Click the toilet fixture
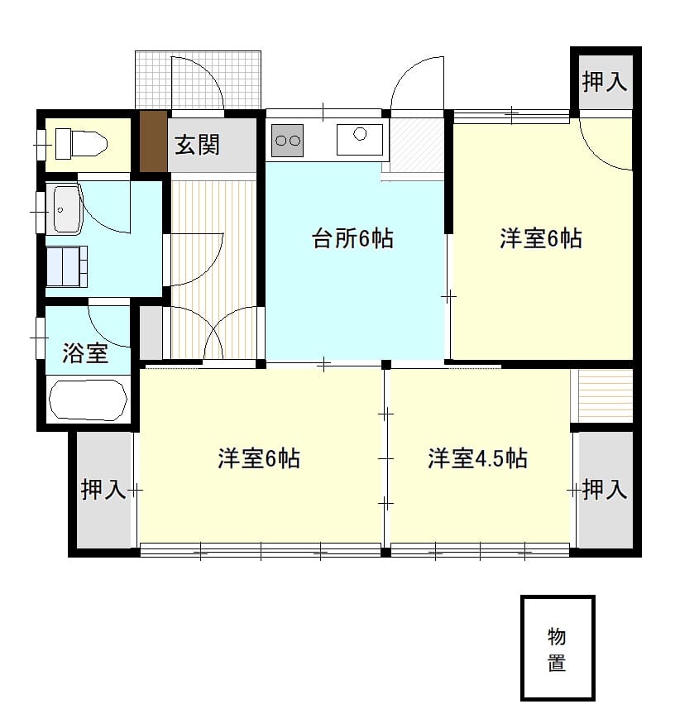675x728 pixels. [81, 143]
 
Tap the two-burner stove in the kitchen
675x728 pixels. [287, 140]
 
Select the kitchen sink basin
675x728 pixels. [360, 139]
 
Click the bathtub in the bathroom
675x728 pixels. [88, 400]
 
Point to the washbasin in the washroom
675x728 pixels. [67, 209]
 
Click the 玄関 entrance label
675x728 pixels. [198, 145]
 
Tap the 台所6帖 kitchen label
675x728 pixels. [352, 238]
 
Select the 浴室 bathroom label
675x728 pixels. [85, 353]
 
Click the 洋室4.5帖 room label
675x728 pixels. [477, 458]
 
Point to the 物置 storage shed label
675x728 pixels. [557, 649]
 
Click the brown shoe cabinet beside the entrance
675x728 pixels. [154, 141]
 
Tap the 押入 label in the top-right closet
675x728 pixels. [605, 82]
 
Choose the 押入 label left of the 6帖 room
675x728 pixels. [103, 489]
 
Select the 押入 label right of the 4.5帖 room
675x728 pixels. [605, 489]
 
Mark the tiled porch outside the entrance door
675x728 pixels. [198, 80]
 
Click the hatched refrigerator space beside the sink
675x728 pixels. [416, 145]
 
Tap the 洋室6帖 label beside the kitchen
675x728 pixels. [541, 238]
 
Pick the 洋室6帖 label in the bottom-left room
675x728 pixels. [259, 458]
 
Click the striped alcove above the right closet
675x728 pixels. [601, 395]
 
